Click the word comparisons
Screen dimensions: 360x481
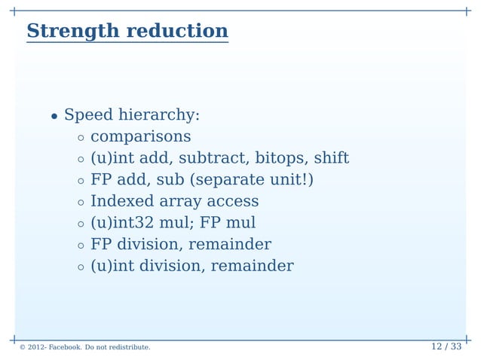click(140, 137)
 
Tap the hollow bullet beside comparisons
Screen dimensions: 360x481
click(80, 138)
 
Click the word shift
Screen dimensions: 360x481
click(331, 159)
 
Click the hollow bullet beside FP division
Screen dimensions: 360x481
click(80, 246)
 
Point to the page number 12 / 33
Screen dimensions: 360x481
click(446, 346)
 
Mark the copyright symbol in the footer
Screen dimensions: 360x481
click(23, 348)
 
